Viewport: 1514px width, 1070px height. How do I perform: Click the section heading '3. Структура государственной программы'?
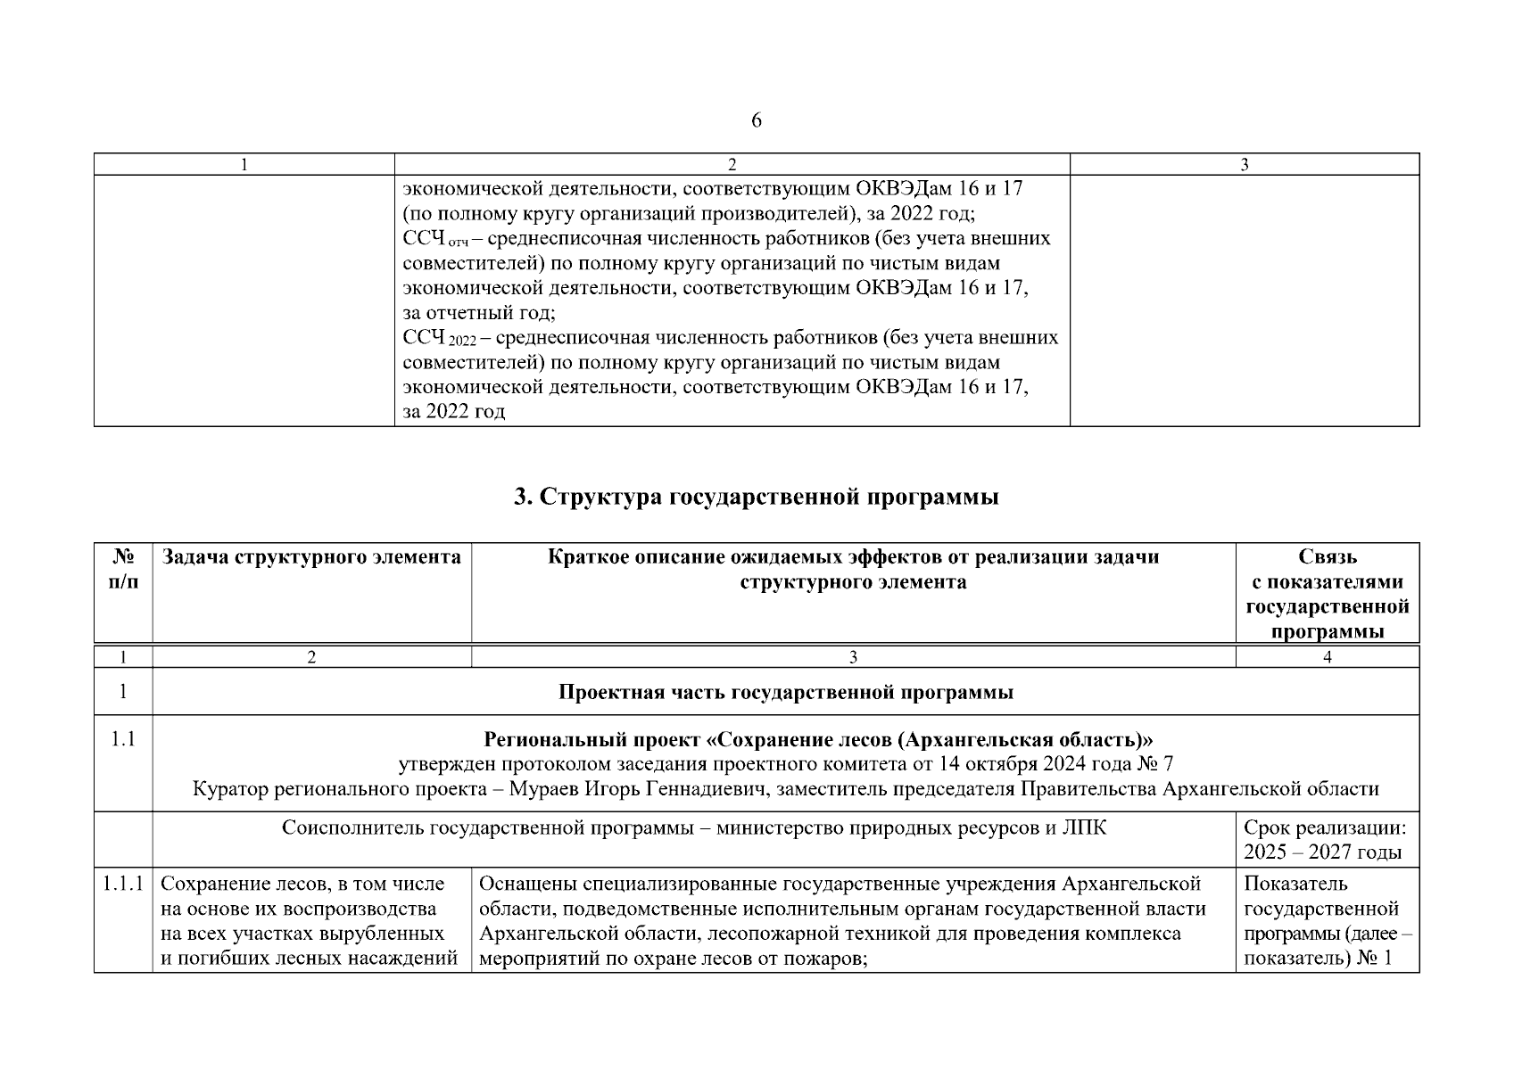757,498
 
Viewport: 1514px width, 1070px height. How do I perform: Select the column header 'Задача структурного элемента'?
311,558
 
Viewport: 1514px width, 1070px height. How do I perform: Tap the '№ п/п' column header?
123,569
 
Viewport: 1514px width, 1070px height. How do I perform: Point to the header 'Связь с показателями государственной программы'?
1327,594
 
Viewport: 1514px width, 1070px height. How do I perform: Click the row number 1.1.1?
123,885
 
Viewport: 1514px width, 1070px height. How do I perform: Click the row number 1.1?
123,740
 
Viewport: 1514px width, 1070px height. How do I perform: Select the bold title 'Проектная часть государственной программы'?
785,693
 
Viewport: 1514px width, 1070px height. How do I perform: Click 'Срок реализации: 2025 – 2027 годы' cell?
1325,840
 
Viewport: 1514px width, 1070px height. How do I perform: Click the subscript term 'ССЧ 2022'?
440,339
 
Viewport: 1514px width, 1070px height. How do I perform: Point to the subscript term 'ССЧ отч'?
435,240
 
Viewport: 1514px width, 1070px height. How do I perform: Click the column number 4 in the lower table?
1327,657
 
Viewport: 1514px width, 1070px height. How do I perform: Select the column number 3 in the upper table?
1244,164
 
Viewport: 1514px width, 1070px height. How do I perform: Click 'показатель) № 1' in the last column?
1317,959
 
